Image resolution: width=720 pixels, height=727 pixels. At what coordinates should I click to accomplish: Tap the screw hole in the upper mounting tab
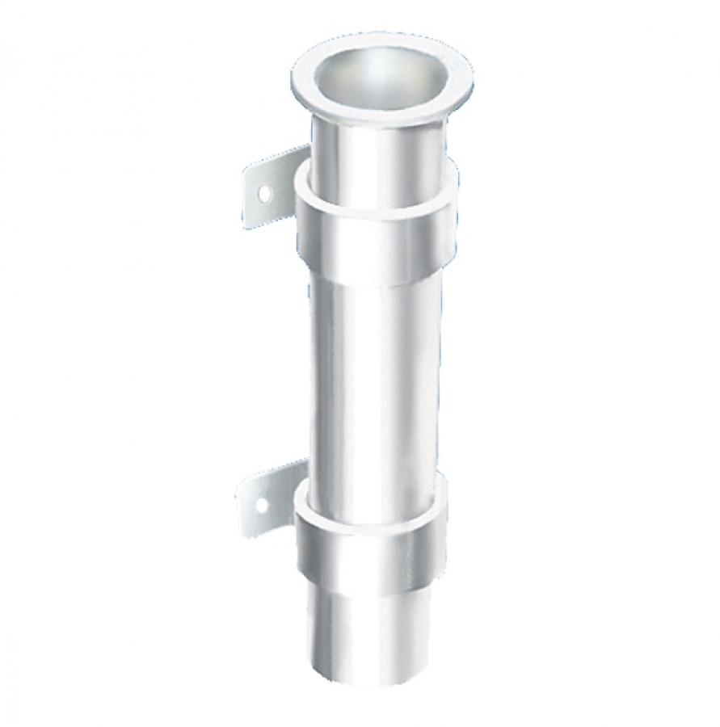pos(263,193)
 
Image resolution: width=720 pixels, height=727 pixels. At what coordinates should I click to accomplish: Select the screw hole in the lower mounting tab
pos(261,506)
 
